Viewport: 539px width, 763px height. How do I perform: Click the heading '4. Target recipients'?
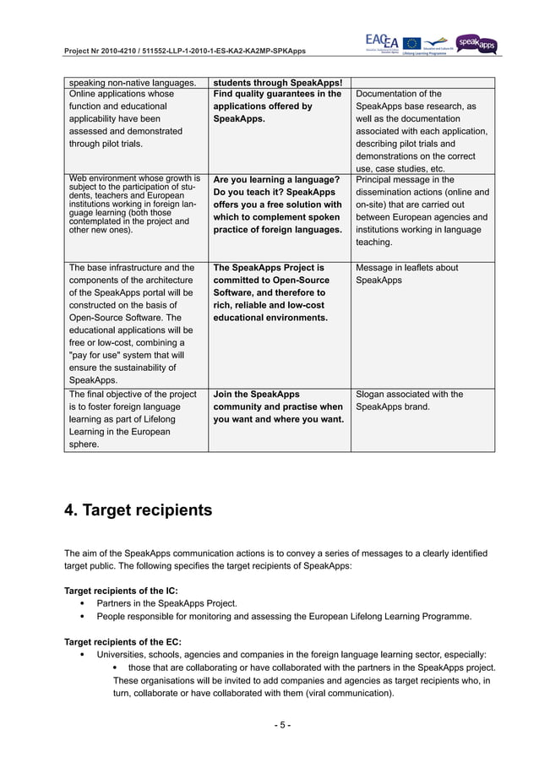tap(139, 510)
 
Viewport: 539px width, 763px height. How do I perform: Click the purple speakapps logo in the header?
tap(477, 42)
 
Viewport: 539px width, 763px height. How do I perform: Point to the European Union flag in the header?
tap(412, 42)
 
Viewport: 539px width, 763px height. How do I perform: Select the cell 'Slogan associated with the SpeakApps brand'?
tap(410, 401)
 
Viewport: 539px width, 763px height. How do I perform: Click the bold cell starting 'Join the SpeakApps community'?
tap(278, 406)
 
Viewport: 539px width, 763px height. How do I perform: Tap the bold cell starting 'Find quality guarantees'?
tap(277, 106)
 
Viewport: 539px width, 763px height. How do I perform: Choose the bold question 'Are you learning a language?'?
tap(276, 180)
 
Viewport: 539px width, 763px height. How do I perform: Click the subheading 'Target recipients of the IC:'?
tap(121, 590)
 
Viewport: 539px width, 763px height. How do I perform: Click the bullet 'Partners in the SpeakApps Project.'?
tap(166, 603)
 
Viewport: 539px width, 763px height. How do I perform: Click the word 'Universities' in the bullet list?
tap(123, 655)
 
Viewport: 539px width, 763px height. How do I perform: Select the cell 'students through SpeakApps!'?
tap(277, 82)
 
